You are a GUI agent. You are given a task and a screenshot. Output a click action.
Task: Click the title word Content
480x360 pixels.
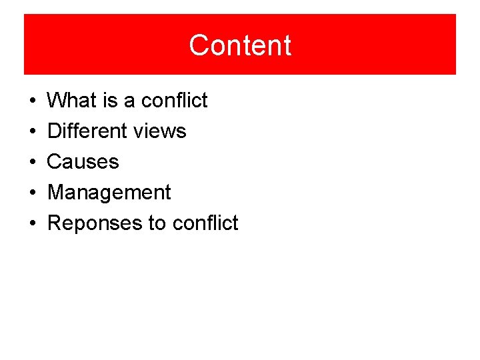(240, 45)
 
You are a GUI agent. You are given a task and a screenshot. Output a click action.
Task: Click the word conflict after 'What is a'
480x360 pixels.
(175, 101)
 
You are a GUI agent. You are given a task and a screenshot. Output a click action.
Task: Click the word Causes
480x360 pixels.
(83, 162)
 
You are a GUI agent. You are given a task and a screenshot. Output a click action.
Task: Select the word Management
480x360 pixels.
(109, 193)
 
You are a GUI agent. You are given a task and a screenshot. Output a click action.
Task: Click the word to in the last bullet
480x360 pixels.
(157, 223)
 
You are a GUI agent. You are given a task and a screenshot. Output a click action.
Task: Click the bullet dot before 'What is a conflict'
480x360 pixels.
(32, 101)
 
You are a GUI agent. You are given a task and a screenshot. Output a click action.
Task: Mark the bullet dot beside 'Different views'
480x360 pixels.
(32, 132)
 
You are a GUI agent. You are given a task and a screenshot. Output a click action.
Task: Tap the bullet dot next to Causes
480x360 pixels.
(32, 163)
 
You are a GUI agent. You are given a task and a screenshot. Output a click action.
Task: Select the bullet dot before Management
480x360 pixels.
(32, 193)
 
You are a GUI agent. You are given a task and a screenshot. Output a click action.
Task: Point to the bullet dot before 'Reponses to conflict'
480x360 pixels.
(32, 224)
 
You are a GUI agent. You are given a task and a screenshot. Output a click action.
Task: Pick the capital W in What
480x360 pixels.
(57, 101)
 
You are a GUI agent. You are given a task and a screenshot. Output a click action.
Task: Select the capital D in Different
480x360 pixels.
(55, 131)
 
